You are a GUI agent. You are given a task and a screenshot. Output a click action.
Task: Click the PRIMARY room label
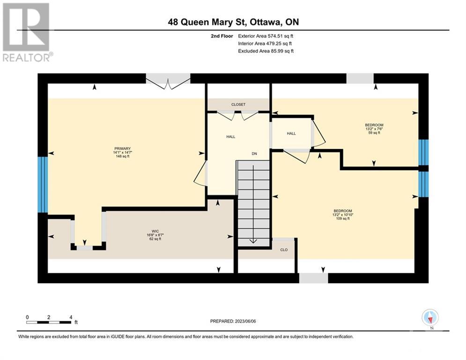[x=122, y=149]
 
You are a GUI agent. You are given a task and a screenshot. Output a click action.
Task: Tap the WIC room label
[x=155, y=231]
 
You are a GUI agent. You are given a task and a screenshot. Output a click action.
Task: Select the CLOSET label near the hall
[x=238, y=105]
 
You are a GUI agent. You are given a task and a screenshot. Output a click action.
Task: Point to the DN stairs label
[x=254, y=154]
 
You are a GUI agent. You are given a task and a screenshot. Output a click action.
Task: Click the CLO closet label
[x=284, y=250]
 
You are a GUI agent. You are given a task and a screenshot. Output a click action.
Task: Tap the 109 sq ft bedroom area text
[x=343, y=218]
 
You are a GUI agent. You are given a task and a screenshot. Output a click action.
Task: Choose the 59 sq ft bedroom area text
[x=374, y=133]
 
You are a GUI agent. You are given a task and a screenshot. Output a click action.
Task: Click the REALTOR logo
[x=27, y=32]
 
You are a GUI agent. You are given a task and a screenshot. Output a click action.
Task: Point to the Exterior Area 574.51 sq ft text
[x=266, y=36]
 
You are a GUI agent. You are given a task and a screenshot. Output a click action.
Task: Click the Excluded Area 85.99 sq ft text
[x=266, y=51]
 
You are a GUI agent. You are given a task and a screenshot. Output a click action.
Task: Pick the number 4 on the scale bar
[x=71, y=317]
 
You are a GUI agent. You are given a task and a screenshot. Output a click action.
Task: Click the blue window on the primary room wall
[x=43, y=185]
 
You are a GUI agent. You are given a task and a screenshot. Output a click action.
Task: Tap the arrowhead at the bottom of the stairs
[x=253, y=241]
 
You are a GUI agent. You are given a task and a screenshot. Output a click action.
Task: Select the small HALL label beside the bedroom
[x=291, y=134]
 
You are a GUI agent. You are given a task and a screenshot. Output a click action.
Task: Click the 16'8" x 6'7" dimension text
[x=155, y=235]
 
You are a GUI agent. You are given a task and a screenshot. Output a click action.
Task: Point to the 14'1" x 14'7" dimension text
[x=122, y=152]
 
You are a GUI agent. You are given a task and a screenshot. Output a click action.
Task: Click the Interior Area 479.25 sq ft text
[x=265, y=44]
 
